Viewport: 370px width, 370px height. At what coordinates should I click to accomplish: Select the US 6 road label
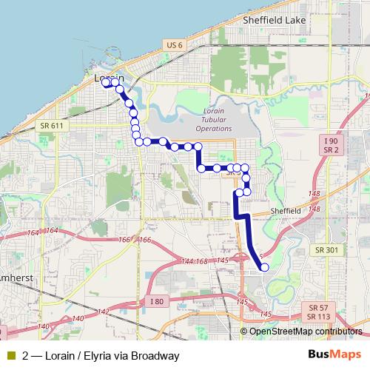[x=174, y=45]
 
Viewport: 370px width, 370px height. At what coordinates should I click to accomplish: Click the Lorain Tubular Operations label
[x=208, y=119]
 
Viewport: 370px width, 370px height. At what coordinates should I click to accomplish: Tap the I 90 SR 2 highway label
[x=330, y=145]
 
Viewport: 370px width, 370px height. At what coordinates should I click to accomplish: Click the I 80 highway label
[x=156, y=301]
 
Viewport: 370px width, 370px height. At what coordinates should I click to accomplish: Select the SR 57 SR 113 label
[x=319, y=312]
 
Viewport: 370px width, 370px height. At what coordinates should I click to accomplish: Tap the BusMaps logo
[x=334, y=355]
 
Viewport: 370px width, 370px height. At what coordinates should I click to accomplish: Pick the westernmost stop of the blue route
[x=106, y=83]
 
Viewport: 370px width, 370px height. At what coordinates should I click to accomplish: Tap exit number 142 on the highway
[x=104, y=312]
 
